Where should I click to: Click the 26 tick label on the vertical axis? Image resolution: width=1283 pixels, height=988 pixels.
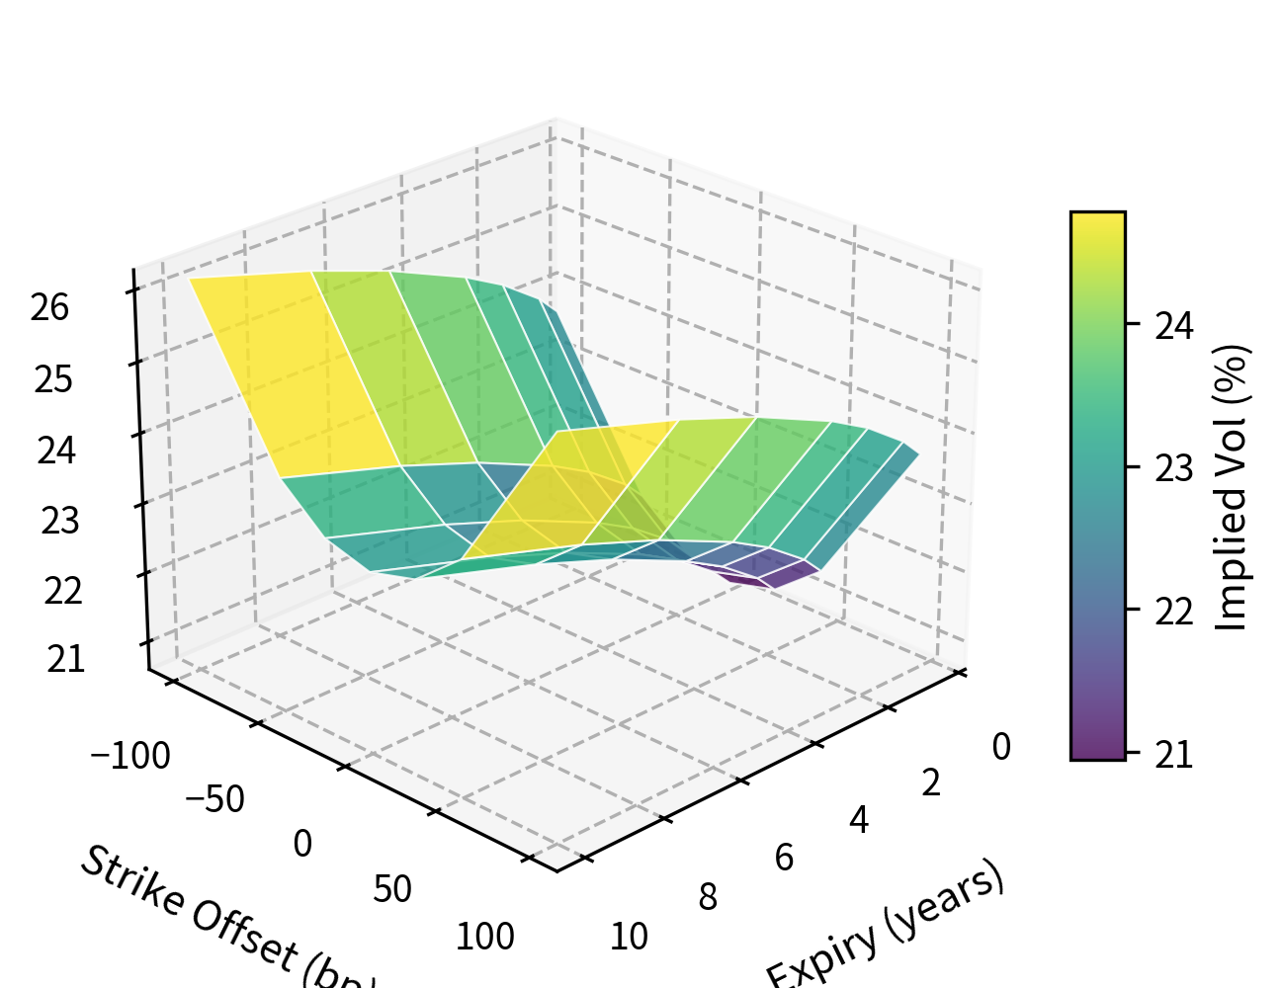49,308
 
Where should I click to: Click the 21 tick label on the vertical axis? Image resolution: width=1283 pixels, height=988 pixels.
65,659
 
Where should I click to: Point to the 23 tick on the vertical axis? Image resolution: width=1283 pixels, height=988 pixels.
59,521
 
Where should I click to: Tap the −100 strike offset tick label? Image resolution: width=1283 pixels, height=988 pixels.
130,757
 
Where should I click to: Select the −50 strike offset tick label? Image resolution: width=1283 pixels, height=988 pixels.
214,799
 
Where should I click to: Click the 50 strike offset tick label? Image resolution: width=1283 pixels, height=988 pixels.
392,890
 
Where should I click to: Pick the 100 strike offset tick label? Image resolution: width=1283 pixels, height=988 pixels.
484,937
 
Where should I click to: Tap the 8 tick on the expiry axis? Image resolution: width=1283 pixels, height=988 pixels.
708,897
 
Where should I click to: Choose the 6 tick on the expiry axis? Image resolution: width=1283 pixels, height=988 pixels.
784,858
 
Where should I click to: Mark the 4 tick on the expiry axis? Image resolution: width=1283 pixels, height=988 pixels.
858,820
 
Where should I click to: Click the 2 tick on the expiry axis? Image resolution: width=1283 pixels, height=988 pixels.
931,782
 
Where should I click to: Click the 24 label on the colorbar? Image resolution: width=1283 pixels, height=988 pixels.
1174,325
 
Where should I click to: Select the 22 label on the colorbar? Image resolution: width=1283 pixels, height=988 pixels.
1174,612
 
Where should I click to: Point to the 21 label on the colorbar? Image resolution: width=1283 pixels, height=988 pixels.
1174,755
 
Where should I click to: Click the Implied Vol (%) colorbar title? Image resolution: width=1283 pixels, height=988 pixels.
1232,487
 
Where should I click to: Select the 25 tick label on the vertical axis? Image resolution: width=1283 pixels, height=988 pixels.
53,380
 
